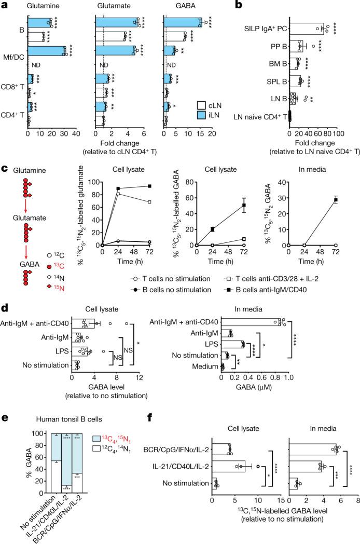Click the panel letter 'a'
click(x=4, y=6)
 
